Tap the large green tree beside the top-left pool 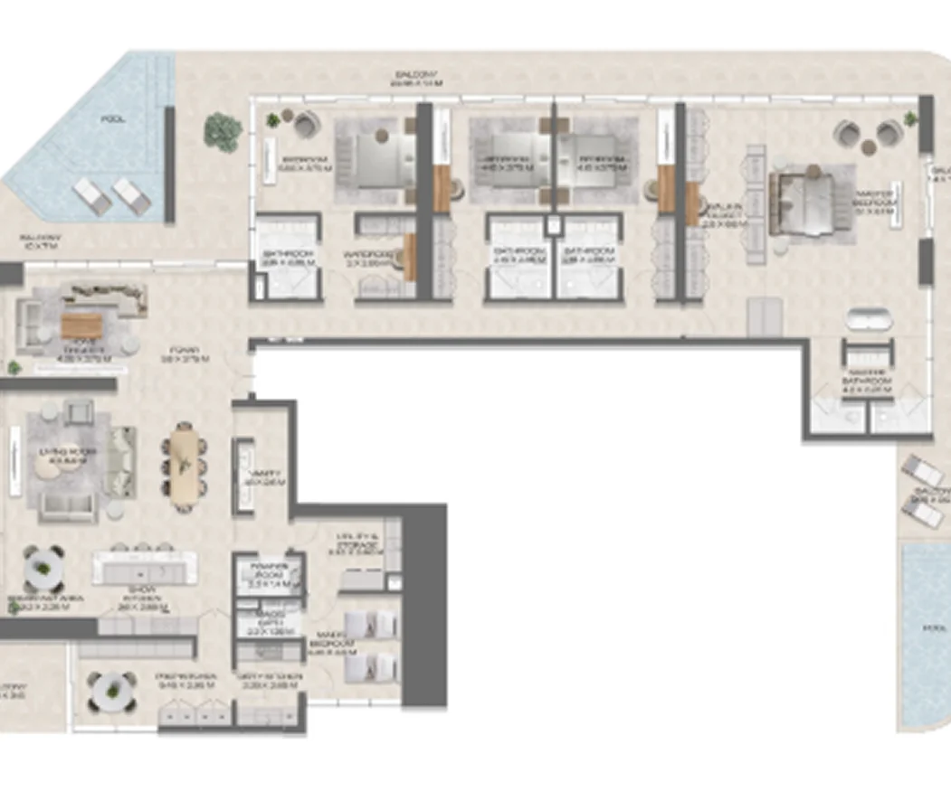point(223,131)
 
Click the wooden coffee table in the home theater point(82,325)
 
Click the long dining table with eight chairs point(184,463)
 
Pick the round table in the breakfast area point(43,570)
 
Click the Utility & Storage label point(356,542)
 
